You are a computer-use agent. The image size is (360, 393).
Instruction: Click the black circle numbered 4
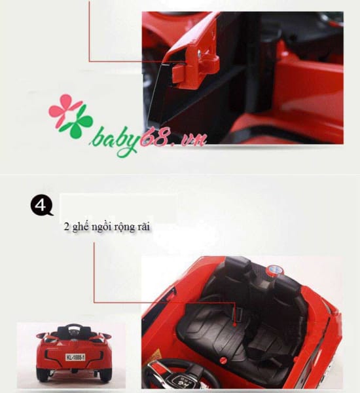click(41, 205)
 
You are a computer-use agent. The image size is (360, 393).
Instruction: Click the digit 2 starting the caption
click(66, 227)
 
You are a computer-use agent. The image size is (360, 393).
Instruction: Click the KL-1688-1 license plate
click(75, 357)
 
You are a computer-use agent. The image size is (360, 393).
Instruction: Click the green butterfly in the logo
click(76, 124)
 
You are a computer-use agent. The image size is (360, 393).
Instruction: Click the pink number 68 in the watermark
click(154, 139)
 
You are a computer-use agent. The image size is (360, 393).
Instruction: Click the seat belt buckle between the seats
click(240, 314)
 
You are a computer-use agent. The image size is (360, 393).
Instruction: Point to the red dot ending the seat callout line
click(235, 324)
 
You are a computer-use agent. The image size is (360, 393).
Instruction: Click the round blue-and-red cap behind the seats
click(274, 271)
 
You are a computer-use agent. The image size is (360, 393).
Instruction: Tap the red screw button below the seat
click(223, 360)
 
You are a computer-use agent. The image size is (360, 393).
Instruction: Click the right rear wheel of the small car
click(105, 376)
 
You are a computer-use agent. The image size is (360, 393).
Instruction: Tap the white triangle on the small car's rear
click(59, 345)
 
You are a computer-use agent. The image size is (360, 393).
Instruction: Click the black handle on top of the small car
click(73, 327)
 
